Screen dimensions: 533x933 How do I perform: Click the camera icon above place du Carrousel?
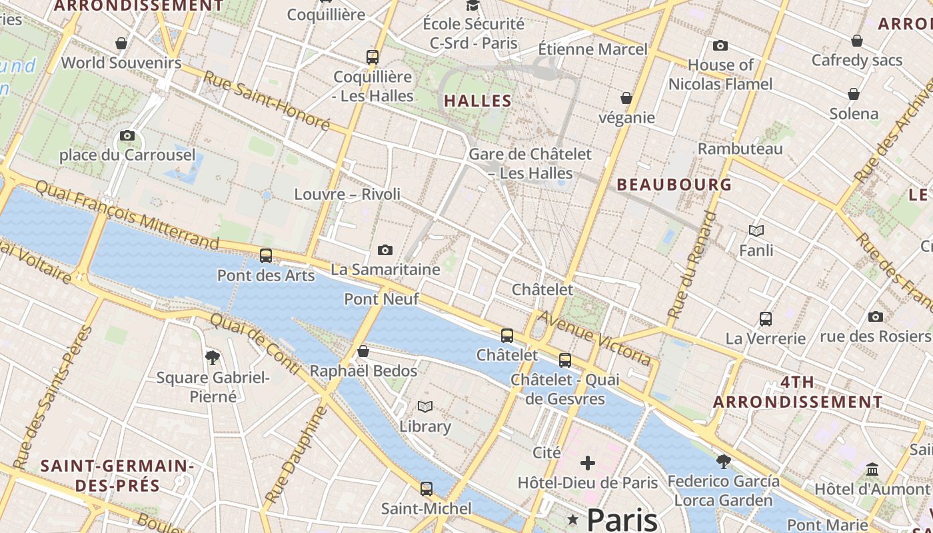pos(127,136)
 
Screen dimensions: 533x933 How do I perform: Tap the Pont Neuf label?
pos(381,299)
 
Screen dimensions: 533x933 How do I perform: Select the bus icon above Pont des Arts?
pos(266,255)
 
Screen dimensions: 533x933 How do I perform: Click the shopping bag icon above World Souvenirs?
pos(121,43)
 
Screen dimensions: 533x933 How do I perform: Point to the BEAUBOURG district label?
pos(674,185)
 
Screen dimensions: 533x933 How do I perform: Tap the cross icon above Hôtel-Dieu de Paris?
pos(588,462)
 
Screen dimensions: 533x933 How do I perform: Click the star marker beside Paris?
pos(572,518)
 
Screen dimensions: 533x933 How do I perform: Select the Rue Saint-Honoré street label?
pos(267,101)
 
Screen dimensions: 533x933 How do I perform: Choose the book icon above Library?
pos(425,406)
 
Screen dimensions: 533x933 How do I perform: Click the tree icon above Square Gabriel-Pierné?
pos(213,358)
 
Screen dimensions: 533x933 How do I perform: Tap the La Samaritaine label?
pos(385,270)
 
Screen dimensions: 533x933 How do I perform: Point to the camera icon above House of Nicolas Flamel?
pos(720,46)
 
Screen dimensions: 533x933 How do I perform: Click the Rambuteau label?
pos(740,149)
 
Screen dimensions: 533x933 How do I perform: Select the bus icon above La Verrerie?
pos(766,319)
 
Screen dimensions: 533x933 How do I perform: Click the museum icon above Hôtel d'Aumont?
pos(872,470)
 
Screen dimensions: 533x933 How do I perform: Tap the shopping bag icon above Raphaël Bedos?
pos(363,351)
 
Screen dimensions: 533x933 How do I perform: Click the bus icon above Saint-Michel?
pos(427,489)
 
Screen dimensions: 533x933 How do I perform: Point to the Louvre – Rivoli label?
pos(347,194)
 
